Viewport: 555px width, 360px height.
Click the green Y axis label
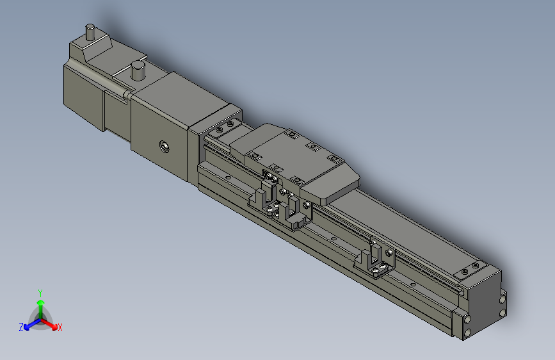point(40,291)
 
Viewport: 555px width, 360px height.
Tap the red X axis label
point(60,327)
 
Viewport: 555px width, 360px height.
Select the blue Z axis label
point(21,327)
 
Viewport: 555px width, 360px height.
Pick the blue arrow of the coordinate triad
point(29,323)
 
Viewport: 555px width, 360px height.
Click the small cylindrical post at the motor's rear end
point(90,31)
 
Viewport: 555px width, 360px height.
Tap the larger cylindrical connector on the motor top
point(137,70)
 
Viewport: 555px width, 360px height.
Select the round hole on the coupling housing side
point(164,147)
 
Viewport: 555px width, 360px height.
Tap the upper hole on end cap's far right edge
point(503,299)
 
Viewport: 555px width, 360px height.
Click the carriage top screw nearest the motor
point(254,155)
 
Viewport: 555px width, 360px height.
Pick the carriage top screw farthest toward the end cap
point(333,158)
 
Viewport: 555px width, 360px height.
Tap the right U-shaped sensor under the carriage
point(295,214)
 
